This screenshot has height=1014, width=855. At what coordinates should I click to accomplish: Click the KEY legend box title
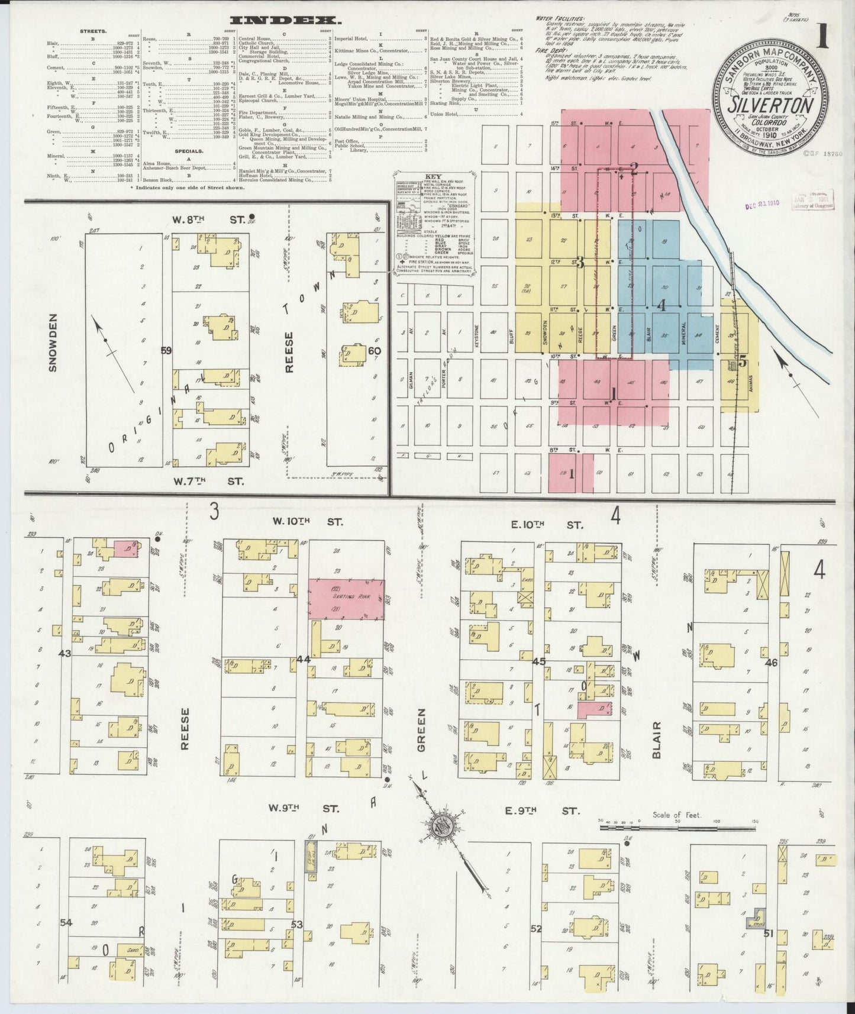point(434,177)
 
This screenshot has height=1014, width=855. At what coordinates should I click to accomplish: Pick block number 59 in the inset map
point(166,350)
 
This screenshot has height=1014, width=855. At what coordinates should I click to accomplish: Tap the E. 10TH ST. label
point(543,525)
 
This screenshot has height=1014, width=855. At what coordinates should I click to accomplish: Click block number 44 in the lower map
point(304,659)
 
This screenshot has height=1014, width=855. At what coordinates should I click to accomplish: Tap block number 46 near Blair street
point(772,663)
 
